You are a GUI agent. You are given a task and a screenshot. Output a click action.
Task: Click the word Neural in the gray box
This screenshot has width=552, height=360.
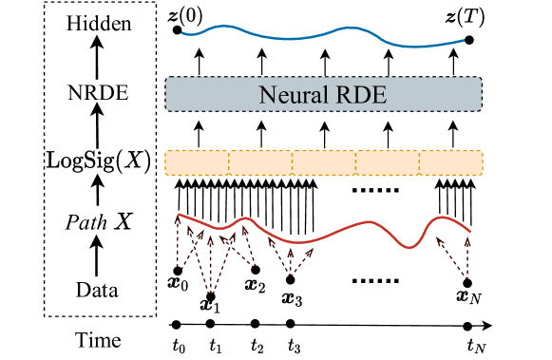287,95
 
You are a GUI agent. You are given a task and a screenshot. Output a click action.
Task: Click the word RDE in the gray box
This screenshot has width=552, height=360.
363,95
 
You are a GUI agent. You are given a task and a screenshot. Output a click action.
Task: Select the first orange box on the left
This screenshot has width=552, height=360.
197,162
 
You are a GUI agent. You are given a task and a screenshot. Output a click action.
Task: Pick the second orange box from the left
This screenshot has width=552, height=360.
260,162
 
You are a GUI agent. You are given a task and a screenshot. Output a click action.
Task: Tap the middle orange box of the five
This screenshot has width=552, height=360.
323,162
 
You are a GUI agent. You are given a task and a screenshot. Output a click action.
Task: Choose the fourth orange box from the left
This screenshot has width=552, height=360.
387,162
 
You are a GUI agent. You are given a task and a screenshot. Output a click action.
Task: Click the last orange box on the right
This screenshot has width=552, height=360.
450,162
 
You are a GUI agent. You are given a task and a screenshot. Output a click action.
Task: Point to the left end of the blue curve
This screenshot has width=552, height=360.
182,33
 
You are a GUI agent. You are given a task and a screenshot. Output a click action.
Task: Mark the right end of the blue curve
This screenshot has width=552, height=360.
464,40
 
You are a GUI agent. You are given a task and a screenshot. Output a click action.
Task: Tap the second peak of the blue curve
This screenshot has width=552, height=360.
352,28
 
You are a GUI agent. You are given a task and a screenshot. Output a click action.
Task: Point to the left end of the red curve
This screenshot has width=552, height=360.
179,214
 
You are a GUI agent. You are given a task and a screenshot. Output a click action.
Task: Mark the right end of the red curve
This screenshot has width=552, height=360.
470,231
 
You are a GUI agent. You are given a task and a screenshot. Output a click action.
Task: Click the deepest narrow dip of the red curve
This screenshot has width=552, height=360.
409,248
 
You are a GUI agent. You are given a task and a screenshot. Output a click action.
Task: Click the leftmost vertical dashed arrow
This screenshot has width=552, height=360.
178,242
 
